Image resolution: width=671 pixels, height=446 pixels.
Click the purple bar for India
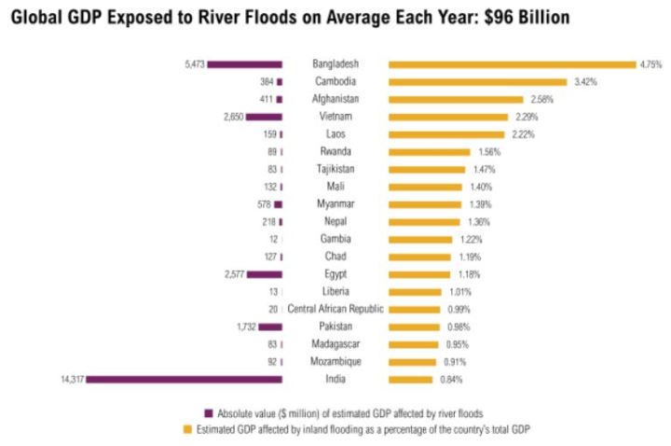point(184,379)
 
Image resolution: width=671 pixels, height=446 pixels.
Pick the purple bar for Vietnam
point(264,117)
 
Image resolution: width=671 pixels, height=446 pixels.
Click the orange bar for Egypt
point(418,274)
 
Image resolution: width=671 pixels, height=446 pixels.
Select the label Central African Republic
point(335,309)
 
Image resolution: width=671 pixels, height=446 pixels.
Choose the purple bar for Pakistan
point(270,327)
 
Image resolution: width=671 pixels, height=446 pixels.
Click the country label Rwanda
point(335,152)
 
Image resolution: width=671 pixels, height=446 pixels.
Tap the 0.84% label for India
point(451,379)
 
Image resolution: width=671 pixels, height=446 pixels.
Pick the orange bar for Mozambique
point(412,361)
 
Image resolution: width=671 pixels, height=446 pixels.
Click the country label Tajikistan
point(335,169)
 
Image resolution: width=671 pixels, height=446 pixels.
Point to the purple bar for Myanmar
point(278,204)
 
